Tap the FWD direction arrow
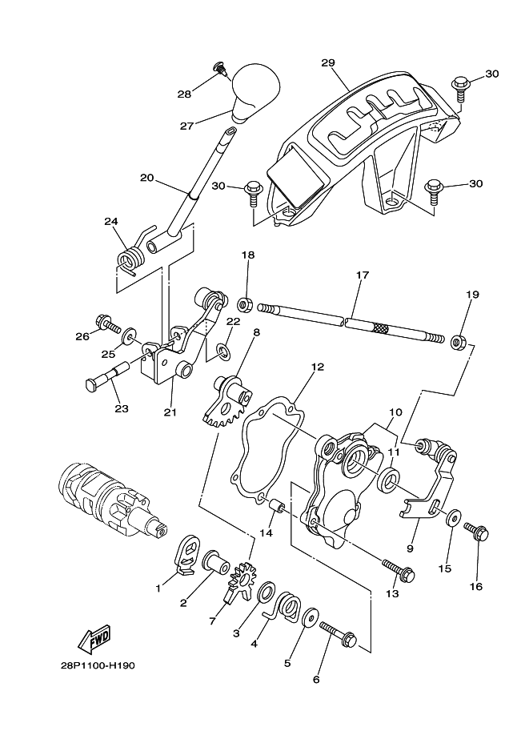tap(95, 640)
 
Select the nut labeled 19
tap(460, 343)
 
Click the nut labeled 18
tap(245, 304)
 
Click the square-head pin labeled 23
tap(104, 378)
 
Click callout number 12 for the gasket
tap(318, 368)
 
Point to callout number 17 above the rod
tap(362, 275)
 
